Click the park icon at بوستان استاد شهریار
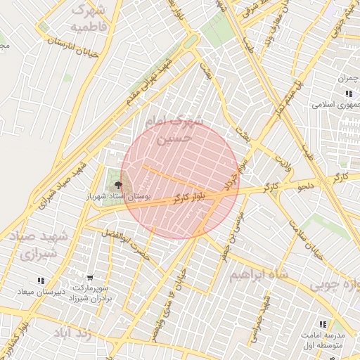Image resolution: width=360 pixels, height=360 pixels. [x=117, y=185]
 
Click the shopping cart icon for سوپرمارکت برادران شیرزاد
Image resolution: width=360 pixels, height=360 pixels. [x=89, y=278]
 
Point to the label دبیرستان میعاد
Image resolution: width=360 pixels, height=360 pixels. [x=41, y=291]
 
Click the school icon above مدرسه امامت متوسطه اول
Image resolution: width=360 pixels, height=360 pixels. [x=323, y=324]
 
